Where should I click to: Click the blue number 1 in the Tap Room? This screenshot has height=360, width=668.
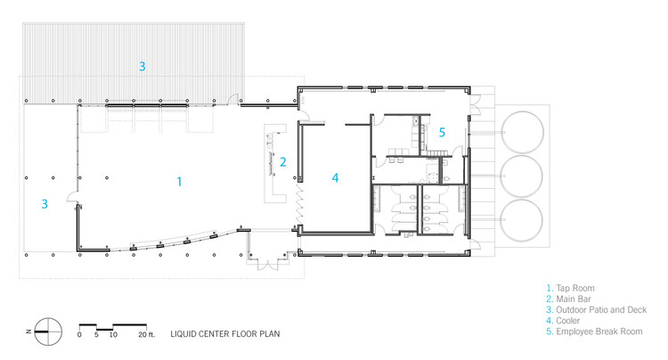[179, 182]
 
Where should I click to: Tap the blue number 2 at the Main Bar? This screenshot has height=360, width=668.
[283, 162]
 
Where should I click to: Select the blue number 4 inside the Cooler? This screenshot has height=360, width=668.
[335, 177]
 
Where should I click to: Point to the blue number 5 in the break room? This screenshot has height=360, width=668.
[442, 133]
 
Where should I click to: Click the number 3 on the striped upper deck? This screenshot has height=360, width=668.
[143, 67]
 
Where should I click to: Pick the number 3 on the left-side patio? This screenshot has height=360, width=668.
[45, 204]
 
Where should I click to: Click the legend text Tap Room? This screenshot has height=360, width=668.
[575, 289]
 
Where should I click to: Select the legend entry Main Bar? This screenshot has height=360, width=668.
[574, 299]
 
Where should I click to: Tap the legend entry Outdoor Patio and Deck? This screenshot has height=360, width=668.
[601, 310]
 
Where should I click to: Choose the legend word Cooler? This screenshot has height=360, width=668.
[568, 321]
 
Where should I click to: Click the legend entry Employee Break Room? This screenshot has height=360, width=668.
[599, 331]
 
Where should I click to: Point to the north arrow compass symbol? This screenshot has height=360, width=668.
[48, 331]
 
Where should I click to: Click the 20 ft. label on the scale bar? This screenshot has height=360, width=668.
[147, 335]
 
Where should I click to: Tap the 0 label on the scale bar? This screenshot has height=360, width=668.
[79, 335]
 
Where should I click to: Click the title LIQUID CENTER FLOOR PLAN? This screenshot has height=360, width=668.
[225, 334]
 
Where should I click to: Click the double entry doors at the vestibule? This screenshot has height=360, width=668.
[268, 265]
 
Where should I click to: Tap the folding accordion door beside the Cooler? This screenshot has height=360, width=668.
[300, 204]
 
